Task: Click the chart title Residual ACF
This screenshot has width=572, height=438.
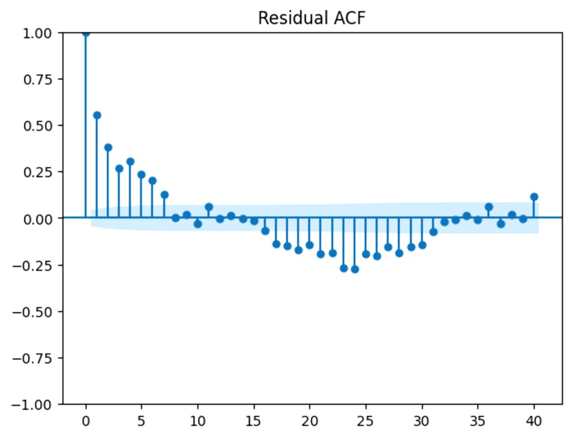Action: [312, 17]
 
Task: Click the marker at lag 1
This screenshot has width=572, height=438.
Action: [97, 115]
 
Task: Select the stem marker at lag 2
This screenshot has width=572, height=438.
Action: [108, 147]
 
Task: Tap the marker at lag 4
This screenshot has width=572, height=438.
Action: [130, 161]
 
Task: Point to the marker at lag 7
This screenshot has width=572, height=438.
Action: [164, 194]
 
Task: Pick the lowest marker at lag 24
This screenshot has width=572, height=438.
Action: [355, 269]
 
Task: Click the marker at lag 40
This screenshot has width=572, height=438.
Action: [534, 197]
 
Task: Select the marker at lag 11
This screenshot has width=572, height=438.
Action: [209, 207]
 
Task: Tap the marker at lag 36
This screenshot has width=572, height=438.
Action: [489, 207]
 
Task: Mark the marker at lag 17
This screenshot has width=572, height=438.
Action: [276, 244]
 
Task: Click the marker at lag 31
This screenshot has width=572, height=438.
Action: [433, 232]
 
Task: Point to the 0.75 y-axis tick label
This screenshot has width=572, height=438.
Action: [37, 79]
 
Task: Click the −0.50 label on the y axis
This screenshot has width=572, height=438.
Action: [32, 312]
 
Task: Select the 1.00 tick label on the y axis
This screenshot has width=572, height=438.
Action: [37, 33]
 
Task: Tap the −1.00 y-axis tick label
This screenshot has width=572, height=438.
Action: [32, 404]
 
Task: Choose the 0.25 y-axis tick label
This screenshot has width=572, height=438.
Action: [37, 172]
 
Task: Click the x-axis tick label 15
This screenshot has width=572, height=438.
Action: [253, 421]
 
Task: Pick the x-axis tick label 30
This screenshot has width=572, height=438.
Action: [421, 421]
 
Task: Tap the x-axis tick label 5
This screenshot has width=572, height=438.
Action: [141, 421]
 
